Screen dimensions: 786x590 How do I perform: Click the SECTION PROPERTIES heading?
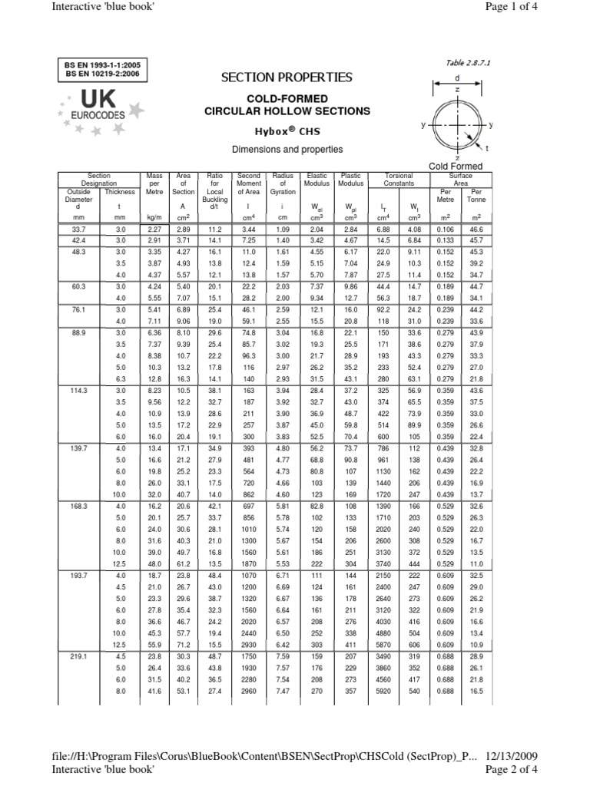287,78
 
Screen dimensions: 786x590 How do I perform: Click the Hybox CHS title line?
287,131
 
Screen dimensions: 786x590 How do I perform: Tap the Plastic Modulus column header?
350,180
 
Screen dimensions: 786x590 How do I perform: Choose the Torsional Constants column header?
399,180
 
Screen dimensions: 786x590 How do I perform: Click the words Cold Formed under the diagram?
456,166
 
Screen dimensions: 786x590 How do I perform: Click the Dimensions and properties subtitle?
287,149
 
